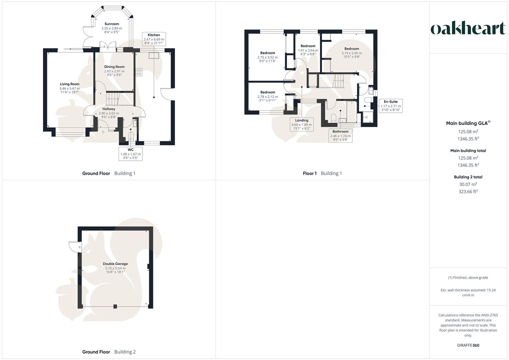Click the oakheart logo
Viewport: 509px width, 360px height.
pyautogui.click(x=468, y=28)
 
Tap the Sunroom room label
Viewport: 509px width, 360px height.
pyautogui.click(x=112, y=24)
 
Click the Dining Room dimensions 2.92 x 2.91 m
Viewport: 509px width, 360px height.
pyautogui.click(x=114, y=71)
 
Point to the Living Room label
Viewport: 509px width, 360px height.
pyautogui.click(x=70, y=84)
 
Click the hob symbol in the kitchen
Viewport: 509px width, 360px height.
pyautogui.click(x=139, y=72)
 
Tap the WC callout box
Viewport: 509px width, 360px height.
pyautogui.click(x=131, y=154)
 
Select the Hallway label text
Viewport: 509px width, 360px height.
pyautogui.click(x=109, y=109)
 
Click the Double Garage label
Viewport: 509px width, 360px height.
pyautogui.click(x=115, y=264)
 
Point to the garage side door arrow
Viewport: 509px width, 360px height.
pyautogui.click(x=80, y=247)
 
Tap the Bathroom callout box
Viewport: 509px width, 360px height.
pyautogui.click(x=340, y=136)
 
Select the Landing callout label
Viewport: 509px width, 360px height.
pyautogui.click(x=302, y=124)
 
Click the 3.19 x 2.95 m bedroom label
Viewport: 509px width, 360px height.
pyautogui.click(x=352, y=53)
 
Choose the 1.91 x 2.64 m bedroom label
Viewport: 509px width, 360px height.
pyautogui.click(x=308, y=50)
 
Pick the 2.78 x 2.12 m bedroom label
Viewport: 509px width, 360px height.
pyautogui.click(x=268, y=97)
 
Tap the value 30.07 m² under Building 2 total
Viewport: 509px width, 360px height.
pyautogui.click(x=468, y=184)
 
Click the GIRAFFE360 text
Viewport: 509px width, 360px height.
pyautogui.click(x=468, y=345)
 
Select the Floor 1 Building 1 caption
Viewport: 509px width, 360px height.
pyautogui.click(x=322, y=173)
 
